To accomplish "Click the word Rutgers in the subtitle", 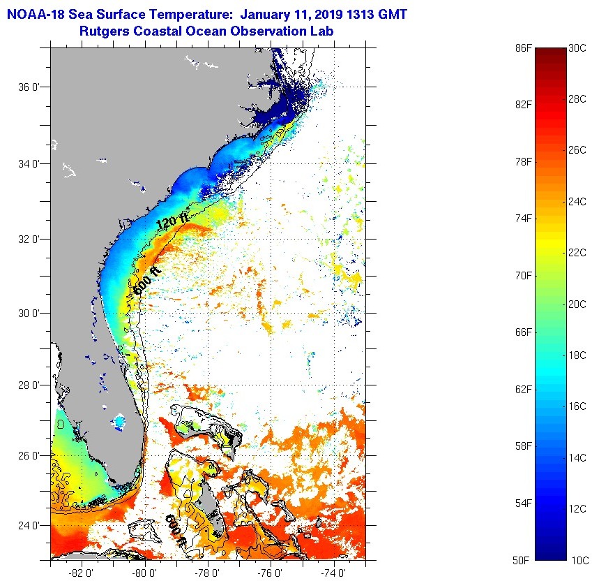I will click(107, 31).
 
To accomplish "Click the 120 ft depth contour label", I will click(172, 222).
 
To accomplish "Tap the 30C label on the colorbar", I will click(577, 47).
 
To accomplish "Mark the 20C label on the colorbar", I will click(577, 304).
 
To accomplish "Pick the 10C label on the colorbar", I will click(577, 560).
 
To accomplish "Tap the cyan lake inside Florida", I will click(120, 422).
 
